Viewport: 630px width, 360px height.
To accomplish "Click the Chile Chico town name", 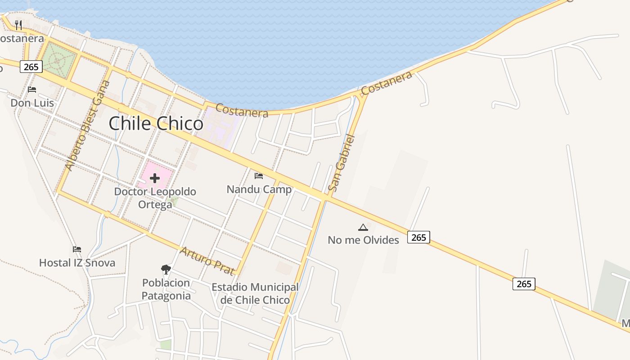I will coord(156,123).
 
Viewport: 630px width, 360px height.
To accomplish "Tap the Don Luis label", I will coord(32,103).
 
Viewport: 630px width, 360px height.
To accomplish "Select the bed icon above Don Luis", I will coord(32,89).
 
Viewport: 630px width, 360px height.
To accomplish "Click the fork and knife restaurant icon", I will coord(18,24).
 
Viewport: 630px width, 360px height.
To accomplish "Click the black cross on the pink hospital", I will coord(155,178).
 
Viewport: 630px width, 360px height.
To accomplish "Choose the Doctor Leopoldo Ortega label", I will coord(155,198).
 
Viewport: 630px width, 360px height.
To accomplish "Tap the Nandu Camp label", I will coord(259,189).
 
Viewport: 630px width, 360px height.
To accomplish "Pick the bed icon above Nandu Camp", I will coord(259,175).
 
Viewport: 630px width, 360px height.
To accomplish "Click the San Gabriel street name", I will coord(342,163).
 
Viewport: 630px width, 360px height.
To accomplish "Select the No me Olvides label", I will coord(363,240).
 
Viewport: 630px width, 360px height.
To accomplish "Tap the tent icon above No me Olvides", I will coord(363,227).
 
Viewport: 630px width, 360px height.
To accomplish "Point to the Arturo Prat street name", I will coord(207,261).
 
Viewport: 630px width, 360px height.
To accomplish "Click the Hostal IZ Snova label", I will coord(77,263).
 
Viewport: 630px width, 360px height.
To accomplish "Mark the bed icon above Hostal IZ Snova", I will coord(77,249).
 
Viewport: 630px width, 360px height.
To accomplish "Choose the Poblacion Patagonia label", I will coord(166,289).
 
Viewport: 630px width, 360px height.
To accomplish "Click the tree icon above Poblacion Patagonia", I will coord(166,270).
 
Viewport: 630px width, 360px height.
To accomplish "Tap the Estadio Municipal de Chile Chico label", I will coord(255,293).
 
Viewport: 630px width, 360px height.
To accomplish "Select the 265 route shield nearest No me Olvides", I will coord(418,237).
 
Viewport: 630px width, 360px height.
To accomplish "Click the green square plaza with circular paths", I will coord(57,60).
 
